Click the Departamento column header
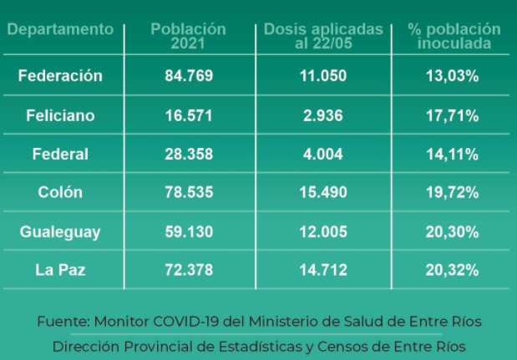60,29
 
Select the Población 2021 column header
188,36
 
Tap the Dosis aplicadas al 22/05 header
323,36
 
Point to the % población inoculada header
454,36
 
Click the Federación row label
60,76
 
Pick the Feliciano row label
60,115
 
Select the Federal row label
60,154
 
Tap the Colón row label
60,193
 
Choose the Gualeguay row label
60,231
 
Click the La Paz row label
60,270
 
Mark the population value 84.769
189,76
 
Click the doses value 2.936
323,115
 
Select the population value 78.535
189,193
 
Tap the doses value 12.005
323,231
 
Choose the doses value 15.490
323,193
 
